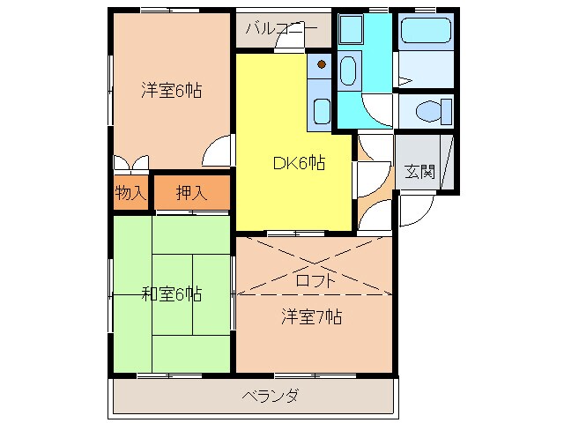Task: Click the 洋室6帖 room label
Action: point(170,89)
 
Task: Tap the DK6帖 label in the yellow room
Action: point(298,162)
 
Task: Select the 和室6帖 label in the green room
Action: point(171,293)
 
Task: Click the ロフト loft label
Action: point(315,281)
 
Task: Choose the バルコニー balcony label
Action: point(281,29)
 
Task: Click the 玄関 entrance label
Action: point(419,172)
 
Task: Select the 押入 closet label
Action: point(191,193)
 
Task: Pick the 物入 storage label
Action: point(130,193)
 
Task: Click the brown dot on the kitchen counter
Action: point(322,63)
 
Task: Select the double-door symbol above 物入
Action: point(131,163)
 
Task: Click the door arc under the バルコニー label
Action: point(285,46)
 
